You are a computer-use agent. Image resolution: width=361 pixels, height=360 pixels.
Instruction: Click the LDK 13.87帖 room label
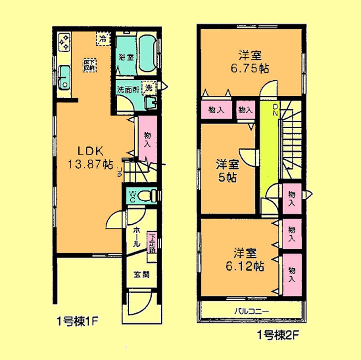(x=91, y=158)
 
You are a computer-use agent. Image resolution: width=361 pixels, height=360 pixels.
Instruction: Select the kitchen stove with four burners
(x=64, y=42)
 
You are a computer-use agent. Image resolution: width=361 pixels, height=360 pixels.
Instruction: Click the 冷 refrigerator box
(x=103, y=39)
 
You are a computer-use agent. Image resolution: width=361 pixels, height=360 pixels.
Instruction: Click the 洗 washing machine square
(x=149, y=87)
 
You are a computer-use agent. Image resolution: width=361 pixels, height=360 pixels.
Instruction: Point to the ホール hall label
(x=136, y=237)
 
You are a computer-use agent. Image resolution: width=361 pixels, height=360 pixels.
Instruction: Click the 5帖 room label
(x=227, y=170)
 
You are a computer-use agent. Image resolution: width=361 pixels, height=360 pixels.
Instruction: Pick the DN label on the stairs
(x=275, y=109)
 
